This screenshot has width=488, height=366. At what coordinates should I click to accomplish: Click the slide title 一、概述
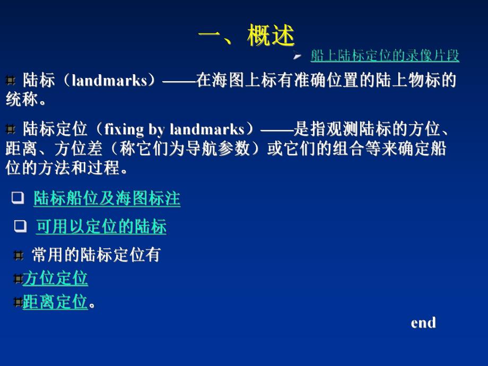click(246, 37)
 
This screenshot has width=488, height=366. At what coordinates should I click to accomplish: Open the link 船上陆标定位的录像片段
click(385, 55)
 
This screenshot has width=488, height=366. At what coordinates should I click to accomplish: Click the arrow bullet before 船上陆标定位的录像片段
click(298, 55)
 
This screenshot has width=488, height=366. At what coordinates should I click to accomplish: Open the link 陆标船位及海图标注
click(107, 199)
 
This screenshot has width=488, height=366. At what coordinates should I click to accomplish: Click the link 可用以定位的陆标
click(101, 227)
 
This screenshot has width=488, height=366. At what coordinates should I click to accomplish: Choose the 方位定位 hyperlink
click(55, 278)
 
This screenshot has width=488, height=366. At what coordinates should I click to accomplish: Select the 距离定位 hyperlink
click(55, 302)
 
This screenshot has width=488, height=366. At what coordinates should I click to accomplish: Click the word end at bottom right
click(423, 323)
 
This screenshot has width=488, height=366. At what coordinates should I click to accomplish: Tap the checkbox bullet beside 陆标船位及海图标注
click(18, 198)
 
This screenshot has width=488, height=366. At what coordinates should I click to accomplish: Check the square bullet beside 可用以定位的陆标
click(20, 226)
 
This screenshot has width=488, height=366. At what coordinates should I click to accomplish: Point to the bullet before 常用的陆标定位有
click(19, 256)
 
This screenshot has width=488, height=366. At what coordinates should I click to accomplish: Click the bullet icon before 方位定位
click(18, 278)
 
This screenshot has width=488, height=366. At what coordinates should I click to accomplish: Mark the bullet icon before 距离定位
click(18, 302)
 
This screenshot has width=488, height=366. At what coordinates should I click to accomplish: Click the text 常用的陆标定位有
click(95, 255)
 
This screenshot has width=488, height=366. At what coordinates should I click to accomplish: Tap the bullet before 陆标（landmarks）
click(10, 81)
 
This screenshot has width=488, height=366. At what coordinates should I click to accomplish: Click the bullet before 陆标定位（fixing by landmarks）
click(10, 129)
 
